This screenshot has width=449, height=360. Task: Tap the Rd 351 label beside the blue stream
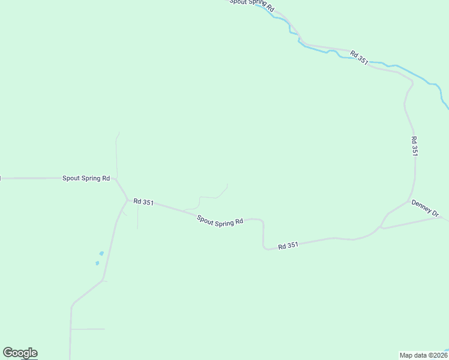pos(359,57)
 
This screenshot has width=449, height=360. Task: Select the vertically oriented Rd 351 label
pos(414,146)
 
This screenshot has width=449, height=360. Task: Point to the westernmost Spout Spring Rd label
pos(86,178)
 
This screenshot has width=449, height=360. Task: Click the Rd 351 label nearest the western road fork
pos(143,202)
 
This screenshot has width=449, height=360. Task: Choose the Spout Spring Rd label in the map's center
pos(220,221)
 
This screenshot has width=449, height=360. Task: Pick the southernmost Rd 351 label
pos(288,245)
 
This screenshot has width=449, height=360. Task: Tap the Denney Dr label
pos(425,208)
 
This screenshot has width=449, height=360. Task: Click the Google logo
pos(20,353)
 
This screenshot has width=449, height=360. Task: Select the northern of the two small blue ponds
pos(101,253)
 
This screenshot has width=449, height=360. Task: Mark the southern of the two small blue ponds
pos(97,263)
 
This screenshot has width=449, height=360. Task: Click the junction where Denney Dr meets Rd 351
pos(409,201)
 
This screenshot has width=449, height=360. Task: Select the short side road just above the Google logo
pos(88,329)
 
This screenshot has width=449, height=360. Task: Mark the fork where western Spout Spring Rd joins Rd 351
pos(127,199)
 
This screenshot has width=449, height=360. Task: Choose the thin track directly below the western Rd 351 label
pos(137,219)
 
